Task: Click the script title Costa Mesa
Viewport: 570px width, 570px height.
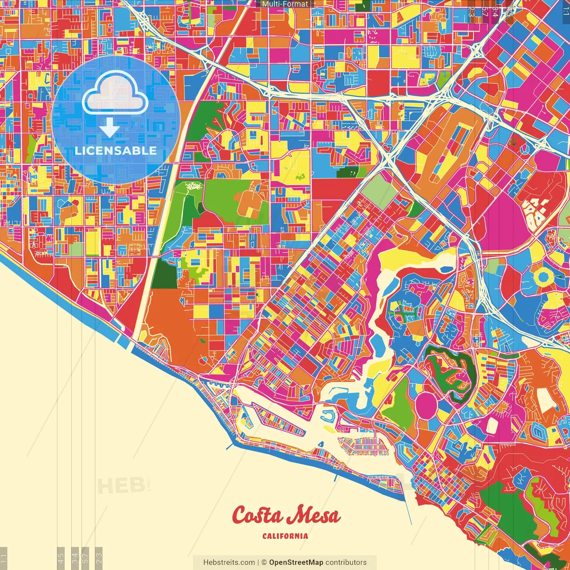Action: (x=286, y=516)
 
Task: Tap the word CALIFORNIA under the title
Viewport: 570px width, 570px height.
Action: (x=285, y=536)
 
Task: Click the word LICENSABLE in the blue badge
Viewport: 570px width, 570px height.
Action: (x=116, y=151)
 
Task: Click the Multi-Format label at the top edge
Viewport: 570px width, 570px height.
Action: (x=285, y=4)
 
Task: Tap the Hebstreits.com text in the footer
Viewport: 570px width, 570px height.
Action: (x=229, y=562)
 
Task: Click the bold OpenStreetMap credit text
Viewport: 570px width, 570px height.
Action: (x=296, y=562)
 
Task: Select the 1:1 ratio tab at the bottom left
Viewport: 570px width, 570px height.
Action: (x=4, y=558)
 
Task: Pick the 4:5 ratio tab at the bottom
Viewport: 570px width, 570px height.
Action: (x=61, y=558)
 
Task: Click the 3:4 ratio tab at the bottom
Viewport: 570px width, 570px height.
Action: (x=75, y=558)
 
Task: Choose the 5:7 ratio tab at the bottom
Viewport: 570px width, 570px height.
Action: (x=85, y=558)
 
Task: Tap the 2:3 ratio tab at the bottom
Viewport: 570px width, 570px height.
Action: (x=99, y=558)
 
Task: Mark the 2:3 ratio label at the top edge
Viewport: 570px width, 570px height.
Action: (x=471, y=10)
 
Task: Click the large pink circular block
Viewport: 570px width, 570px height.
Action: (x=428, y=405)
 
